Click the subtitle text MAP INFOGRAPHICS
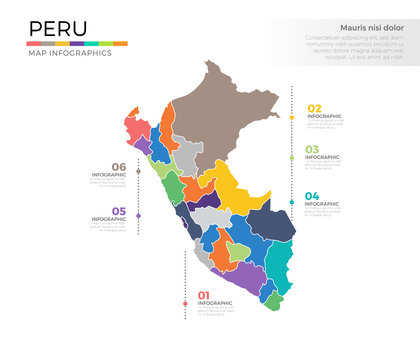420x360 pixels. click(x=69, y=53)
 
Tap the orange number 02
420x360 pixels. click(x=314, y=108)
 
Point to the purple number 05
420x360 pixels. click(x=118, y=211)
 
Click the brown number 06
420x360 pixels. click(x=118, y=166)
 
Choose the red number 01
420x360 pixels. click(x=204, y=294)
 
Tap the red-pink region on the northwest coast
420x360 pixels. click(x=139, y=132)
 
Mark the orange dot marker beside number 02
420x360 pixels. click(x=292, y=118)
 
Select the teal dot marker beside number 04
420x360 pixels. click(x=292, y=204)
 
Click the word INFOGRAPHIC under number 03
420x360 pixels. click(x=324, y=158)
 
